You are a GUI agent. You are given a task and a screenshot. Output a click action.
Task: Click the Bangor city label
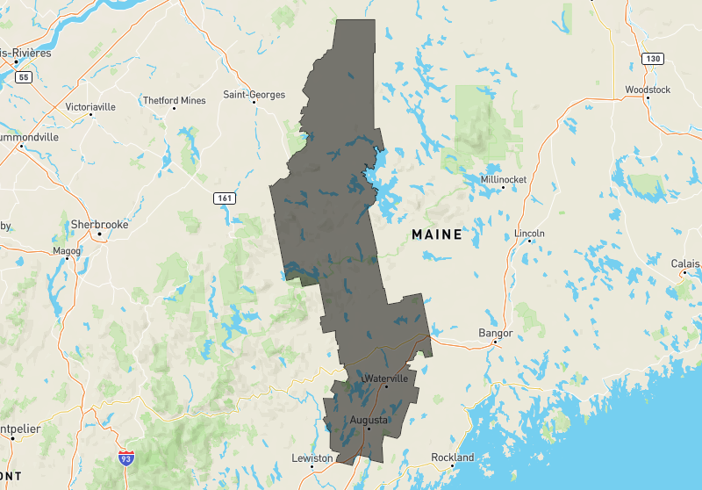click(495, 333)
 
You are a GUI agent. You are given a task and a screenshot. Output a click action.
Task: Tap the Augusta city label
click(369, 420)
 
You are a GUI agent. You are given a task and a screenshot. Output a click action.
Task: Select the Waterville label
click(385, 378)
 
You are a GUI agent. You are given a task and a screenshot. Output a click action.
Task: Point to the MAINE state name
click(437, 234)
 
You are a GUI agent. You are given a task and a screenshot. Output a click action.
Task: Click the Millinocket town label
click(504, 179)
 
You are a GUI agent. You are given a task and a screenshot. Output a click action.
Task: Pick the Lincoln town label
click(530, 234)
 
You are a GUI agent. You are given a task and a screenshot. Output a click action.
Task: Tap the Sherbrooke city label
click(99, 224)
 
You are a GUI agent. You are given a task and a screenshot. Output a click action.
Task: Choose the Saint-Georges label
click(254, 94)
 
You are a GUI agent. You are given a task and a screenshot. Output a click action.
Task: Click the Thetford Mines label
click(174, 100)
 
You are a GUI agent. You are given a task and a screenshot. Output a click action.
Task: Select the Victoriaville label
click(90, 106)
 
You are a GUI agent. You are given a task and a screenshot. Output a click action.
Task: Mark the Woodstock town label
click(648, 90)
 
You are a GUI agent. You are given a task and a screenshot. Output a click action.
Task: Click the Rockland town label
click(452, 458)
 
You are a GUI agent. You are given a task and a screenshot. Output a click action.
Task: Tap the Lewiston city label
click(312, 458)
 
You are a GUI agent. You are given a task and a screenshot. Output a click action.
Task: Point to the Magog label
click(67, 250)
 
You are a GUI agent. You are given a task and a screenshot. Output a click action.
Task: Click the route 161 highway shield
click(225, 198)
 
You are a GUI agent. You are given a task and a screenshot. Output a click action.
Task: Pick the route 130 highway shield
click(652, 59)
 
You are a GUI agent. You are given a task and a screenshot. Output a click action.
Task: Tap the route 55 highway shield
click(23, 77)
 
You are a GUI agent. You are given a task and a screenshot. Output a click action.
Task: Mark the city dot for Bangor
click(495, 343)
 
